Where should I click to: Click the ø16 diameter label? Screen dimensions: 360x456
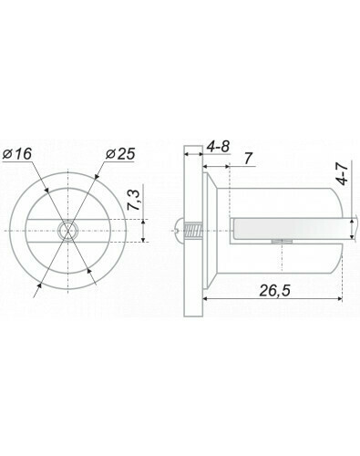click(x=16, y=154)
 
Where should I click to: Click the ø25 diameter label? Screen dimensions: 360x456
click(x=120, y=154)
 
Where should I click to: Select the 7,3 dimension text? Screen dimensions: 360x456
click(x=134, y=200)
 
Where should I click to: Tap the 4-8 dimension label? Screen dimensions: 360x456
click(x=218, y=147)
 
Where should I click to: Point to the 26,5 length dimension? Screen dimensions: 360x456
click(x=275, y=291)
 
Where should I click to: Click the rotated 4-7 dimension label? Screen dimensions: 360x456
click(x=343, y=173)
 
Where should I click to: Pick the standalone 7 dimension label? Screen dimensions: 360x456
click(x=249, y=159)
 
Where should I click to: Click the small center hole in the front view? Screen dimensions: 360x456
click(x=68, y=231)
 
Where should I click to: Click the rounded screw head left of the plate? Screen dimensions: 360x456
click(x=180, y=231)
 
